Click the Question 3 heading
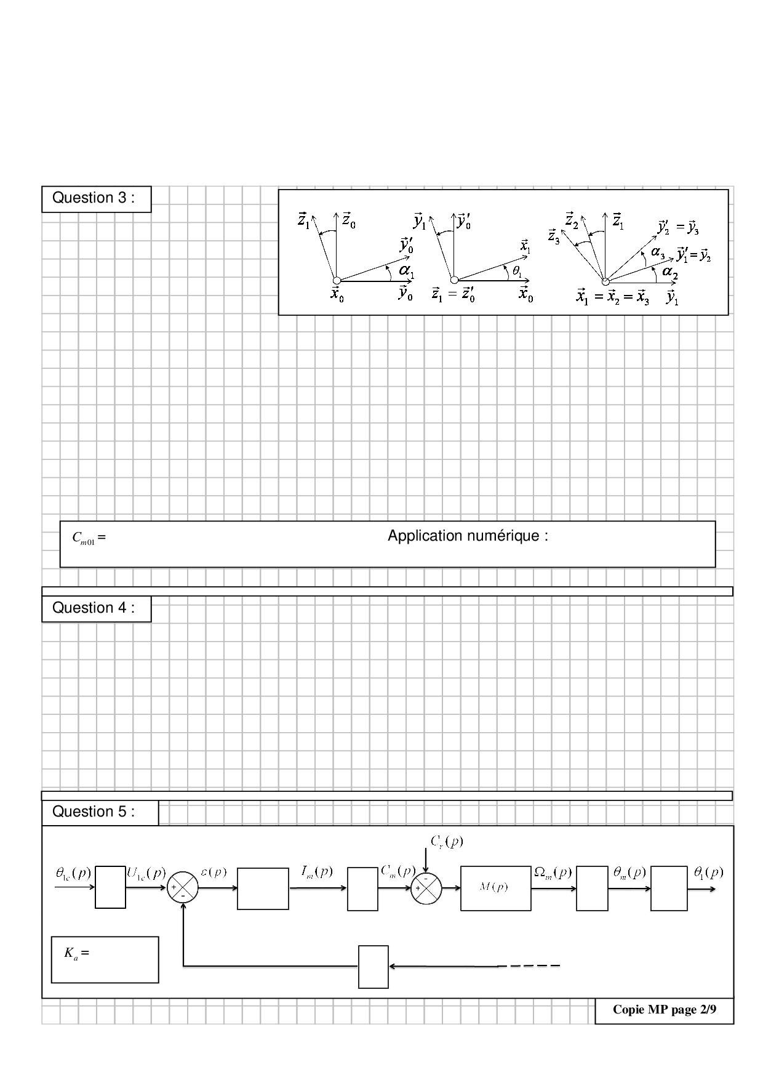click(94, 198)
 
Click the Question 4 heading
click(94, 608)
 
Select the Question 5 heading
click(94, 812)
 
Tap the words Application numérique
click(468, 536)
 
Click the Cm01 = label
click(89, 538)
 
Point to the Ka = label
click(76, 953)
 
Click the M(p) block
click(495, 888)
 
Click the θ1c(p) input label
click(73, 872)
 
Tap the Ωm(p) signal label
click(553, 872)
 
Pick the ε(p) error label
click(214, 872)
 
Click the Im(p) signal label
click(316, 871)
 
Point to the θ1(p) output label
click(708, 872)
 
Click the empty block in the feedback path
click(373, 967)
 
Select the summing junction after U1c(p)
click(183, 888)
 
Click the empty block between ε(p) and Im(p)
click(263, 889)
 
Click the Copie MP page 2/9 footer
click(665, 1010)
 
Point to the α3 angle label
click(658, 252)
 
